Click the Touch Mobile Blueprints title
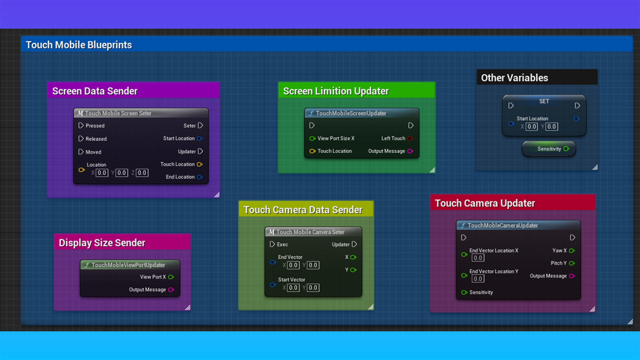(79, 45)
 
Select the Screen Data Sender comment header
(95, 91)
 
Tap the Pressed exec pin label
(95, 126)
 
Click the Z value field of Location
(142, 173)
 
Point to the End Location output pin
(200, 177)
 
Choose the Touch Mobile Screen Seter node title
(118, 113)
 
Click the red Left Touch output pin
(410, 138)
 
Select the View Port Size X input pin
(312, 138)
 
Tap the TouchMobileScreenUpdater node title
(351, 113)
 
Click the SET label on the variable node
(544, 101)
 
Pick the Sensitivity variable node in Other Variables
(549, 149)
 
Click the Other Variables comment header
(514, 78)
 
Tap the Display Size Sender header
(102, 243)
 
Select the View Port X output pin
(171, 277)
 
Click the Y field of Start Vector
(313, 288)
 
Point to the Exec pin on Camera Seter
(272, 244)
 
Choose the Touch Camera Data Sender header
(303, 210)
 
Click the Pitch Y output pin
(572, 263)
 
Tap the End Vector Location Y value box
(478, 279)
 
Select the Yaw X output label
(559, 251)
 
